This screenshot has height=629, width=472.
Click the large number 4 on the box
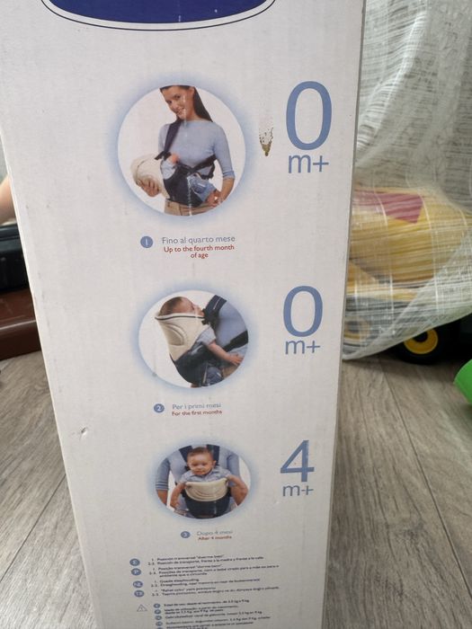pyautogui.click(x=298, y=461)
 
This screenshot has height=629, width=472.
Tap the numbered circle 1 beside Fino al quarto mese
pyautogui.click(x=147, y=242)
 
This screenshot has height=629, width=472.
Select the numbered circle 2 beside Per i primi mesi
pyautogui.click(x=159, y=407)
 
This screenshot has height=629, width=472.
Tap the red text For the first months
pyautogui.click(x=199, y=413)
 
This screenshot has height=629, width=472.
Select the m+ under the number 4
pyautogui.click(x=298, y=491)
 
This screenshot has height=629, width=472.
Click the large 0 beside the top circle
pyautogui.click(x=308, y=116)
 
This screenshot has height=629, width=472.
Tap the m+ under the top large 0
pyautogui.click(x=308, y=164)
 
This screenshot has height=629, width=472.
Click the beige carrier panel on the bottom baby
pyautogui.click(x=206, y=490)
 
